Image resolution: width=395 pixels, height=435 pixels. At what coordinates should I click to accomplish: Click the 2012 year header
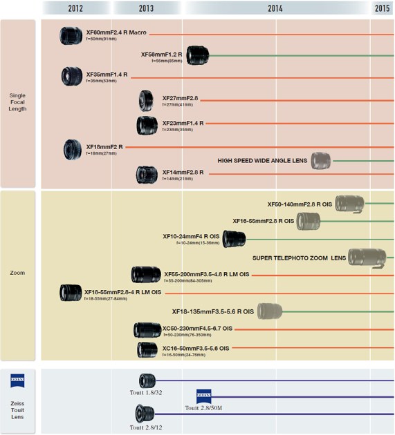click(76, 8)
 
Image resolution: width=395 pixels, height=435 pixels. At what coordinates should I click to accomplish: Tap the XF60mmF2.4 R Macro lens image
click(72, 35)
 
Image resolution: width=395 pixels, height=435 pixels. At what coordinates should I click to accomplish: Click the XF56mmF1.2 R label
click(161, 54)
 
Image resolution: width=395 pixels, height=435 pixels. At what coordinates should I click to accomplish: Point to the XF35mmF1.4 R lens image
click(72, 75)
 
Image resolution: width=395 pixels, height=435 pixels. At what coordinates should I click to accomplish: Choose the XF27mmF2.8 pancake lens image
click(146, 101)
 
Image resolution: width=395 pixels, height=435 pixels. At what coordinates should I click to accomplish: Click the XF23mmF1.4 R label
click(183, 123)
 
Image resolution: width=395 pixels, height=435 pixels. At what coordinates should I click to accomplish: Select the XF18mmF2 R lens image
click(73, 149)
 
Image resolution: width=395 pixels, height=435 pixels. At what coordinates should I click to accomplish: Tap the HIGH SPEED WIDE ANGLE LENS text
click(262, 160)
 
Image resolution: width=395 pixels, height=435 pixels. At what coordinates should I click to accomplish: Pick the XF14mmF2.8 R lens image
click(147, 175)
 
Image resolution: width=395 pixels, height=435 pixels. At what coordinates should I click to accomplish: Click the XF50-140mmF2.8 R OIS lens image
click(349, 203)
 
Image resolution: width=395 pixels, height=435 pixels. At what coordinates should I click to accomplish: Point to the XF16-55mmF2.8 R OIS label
click(263, 221)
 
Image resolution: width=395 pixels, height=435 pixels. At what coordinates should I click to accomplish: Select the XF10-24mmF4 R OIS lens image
click(235, 239)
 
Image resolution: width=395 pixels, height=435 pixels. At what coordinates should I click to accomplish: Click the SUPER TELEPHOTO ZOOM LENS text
click(299, 258)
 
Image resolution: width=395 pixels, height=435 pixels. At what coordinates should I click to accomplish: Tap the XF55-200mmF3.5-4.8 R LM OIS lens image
click(146, 275)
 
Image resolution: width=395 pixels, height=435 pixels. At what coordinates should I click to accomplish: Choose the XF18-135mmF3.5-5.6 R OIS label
click(213, 311)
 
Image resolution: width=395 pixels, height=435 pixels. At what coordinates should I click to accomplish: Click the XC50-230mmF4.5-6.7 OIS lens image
click(147, 329)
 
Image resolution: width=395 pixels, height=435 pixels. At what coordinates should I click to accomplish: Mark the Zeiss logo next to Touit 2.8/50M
click(204, 396)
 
